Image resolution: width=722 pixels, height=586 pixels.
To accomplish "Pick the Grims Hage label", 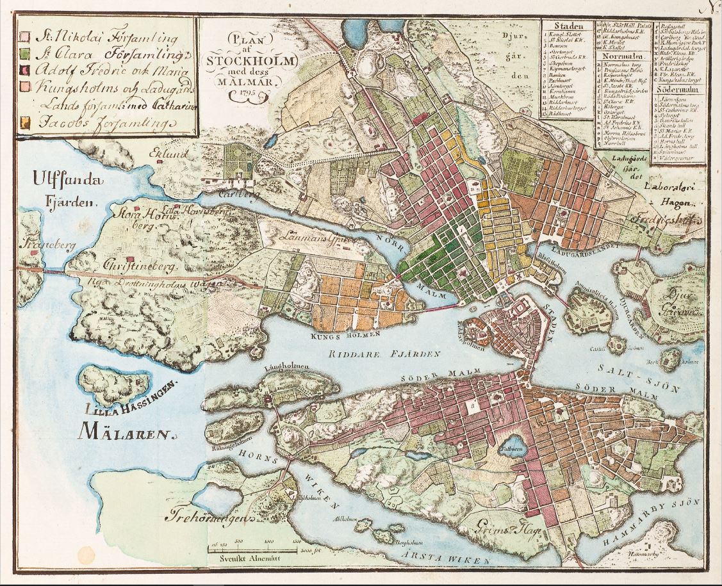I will (508, 530).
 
